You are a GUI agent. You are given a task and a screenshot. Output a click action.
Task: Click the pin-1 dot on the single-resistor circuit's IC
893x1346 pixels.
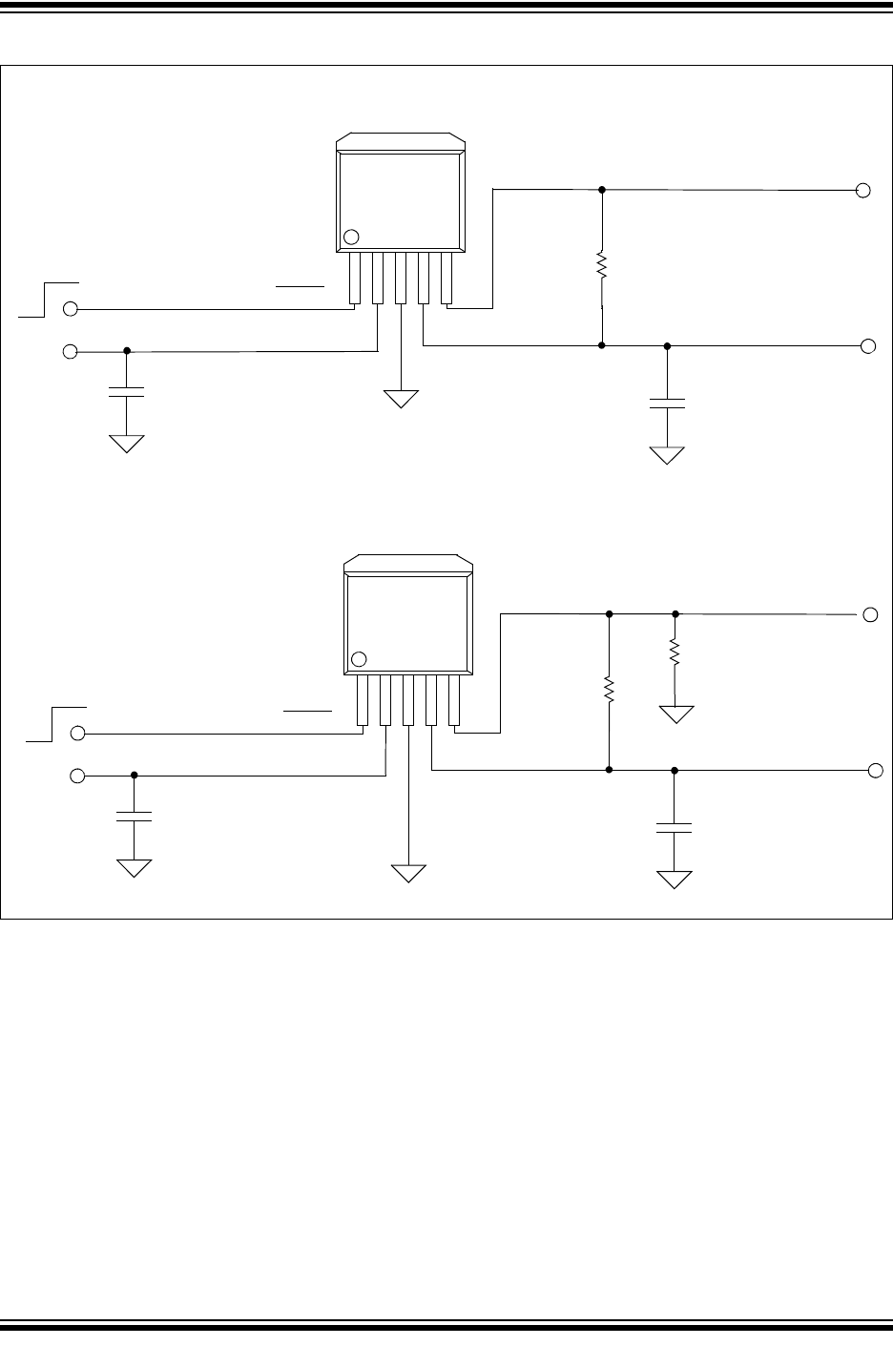(x=351, y=237)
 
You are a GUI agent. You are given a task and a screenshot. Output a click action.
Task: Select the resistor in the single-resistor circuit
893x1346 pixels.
(x=602, y=266)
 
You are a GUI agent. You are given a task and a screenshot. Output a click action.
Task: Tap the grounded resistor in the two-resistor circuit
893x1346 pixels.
(x=675, y=652)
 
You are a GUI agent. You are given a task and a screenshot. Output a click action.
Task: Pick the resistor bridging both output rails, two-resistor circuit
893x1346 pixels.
(x=609, y=689)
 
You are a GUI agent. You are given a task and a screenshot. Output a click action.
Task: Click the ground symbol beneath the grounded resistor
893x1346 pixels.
(x=676, y=714)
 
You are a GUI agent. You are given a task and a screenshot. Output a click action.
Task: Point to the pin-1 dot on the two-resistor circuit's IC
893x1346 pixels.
(x=359, y=659)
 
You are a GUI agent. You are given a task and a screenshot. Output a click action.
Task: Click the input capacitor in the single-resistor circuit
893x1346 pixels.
(x=127, y=391)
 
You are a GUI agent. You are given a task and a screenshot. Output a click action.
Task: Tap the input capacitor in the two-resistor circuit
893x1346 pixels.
(x=135, y=816)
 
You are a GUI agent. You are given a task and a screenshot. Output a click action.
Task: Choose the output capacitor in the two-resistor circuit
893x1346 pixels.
(x=675, y=827)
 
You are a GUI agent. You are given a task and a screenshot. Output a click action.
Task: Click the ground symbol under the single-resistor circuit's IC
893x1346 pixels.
(x=402, y=399)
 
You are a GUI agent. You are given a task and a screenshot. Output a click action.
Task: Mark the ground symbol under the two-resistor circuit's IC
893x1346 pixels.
(x=408, y=872)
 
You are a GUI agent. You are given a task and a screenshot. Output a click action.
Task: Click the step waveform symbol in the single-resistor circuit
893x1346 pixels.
(x=49, y=297)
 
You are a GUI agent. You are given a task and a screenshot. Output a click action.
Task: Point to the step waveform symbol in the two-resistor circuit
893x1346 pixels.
(x=56, y=722)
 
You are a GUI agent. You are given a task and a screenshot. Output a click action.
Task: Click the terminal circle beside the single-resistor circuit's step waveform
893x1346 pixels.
(x=70, y=309)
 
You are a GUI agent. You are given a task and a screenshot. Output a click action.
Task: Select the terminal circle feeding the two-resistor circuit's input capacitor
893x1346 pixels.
(x=77, y=777)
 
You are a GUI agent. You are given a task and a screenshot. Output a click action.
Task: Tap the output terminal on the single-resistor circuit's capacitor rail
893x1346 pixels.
(x=867, y=346)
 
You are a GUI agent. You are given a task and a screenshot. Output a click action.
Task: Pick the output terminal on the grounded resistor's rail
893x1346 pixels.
(x=870, y=614)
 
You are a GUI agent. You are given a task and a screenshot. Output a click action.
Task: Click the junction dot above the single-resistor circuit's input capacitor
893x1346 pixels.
(x=127, y=351)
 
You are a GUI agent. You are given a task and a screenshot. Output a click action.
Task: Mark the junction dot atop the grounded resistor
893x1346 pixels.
(x=675, y=614)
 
